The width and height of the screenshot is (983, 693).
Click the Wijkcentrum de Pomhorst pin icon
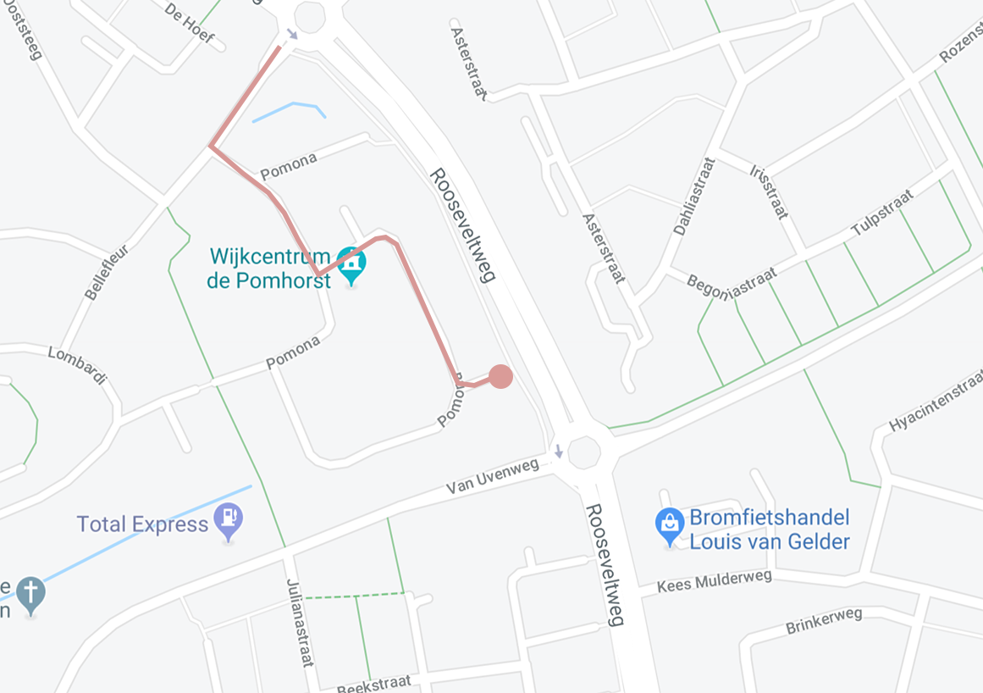click(351, 263)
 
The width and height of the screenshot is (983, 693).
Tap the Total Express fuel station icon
click(229, 519)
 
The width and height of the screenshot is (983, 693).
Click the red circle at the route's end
click(500, 376)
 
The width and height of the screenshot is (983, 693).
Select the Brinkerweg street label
click(823, 621)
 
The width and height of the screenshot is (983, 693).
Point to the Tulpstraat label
click(882, 213)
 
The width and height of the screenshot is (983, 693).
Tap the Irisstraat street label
click(769, 191)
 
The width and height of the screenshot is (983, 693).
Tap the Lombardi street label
click(76, 364)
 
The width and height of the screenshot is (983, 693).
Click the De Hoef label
click(189, 24)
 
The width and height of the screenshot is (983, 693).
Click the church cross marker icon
click(31, 593)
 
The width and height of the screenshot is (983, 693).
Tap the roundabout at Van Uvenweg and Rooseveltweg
click(584, 452)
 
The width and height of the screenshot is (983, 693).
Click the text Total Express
click(142, 524)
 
